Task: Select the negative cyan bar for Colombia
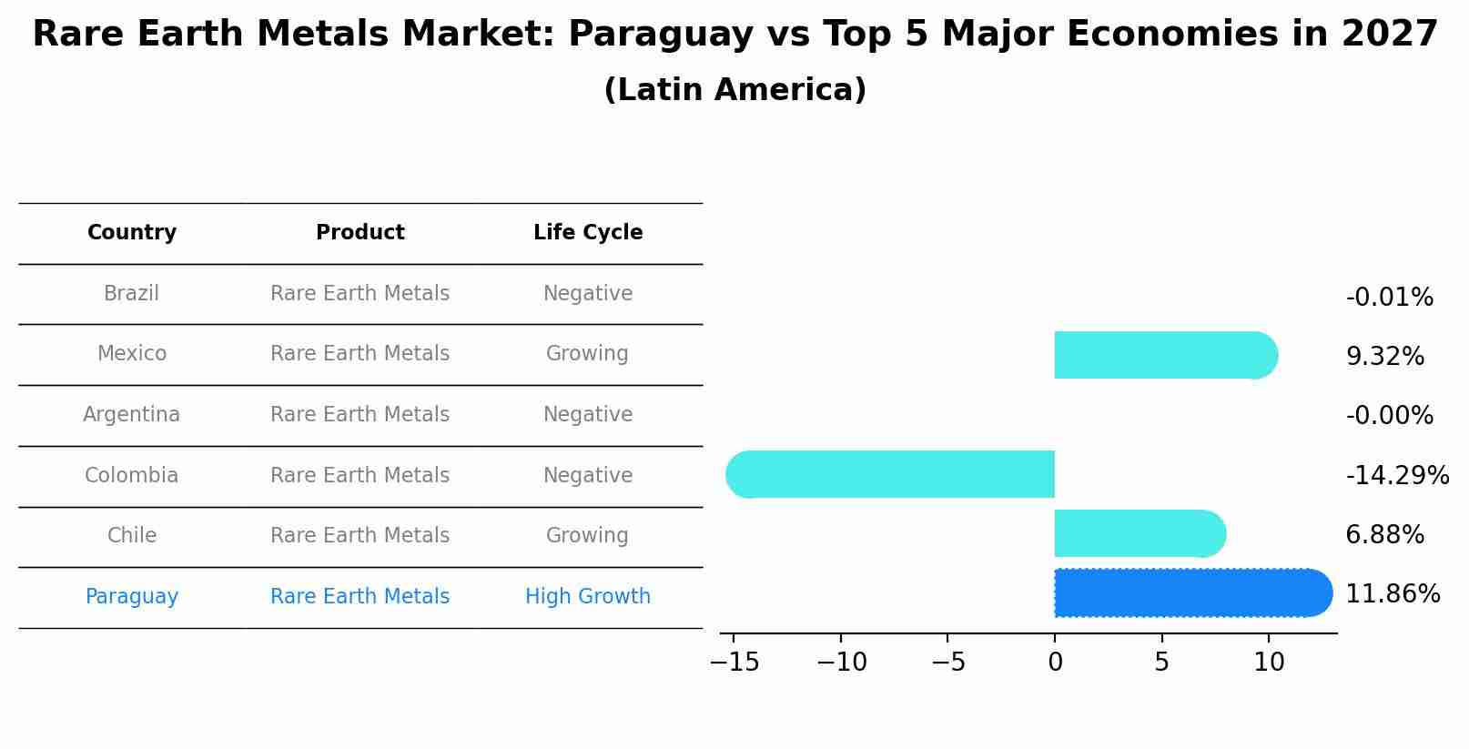[892, 474]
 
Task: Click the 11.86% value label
[1392, 594]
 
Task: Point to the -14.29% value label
[1396, 475]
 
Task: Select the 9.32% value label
[1384, 357]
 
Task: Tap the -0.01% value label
[1389, 298]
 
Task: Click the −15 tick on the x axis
[734, 663]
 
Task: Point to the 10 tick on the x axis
[1269, 663]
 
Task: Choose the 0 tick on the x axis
[1055, 663]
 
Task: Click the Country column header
[132, 233]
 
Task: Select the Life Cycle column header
[588, 233]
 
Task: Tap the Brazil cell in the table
[132, 294]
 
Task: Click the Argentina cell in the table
[132, 415]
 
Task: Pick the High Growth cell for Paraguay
[588, 597]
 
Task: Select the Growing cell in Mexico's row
[587, 354]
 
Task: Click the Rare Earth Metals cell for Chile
[360, 536]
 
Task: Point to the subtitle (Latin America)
[734, 90]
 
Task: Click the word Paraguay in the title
[661, 35]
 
